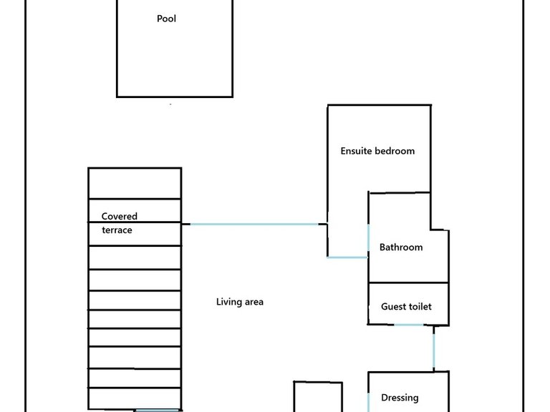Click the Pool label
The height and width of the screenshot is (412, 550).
166,19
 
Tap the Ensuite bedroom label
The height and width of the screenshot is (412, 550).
377,151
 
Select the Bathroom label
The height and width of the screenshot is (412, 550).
401,247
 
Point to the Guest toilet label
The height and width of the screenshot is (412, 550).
406,307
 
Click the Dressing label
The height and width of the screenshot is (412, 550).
400,398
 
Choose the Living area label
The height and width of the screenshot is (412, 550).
240,302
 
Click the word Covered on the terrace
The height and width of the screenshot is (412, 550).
120,216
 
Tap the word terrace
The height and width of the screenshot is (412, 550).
117,230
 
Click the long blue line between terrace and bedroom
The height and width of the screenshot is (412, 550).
254,225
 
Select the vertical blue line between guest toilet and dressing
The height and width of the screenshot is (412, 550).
433,348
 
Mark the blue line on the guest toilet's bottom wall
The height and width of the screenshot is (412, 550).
409,325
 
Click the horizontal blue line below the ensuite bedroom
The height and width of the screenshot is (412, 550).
347,257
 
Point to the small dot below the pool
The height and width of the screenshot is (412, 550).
170,104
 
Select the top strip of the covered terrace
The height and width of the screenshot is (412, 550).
135,183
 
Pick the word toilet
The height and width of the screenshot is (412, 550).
420,307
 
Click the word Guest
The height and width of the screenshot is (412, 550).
393,307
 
